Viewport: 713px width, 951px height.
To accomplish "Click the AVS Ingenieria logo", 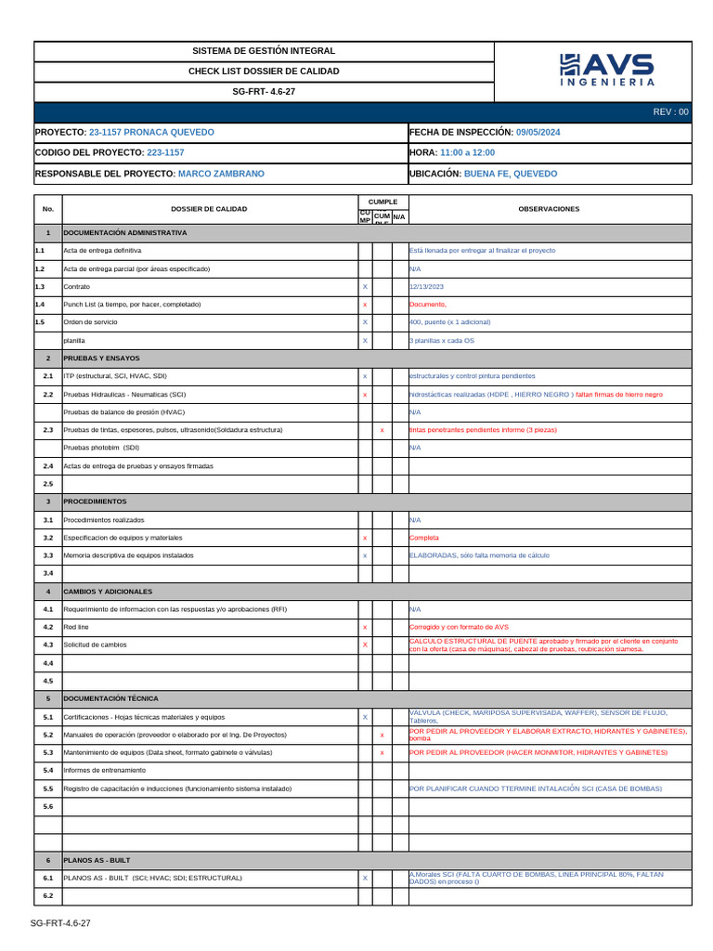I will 606,71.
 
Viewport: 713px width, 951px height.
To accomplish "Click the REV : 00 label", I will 670,112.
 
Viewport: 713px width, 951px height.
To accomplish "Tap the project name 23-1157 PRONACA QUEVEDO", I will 150,133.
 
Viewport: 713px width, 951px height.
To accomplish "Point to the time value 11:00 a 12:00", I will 467,153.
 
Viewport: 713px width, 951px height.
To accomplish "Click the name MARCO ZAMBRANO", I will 220,174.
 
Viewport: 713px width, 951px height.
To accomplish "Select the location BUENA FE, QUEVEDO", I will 511,174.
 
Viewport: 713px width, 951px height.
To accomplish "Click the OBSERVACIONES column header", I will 549,209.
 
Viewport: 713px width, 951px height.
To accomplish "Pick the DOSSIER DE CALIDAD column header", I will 209,209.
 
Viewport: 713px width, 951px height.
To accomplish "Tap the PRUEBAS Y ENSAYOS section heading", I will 101,358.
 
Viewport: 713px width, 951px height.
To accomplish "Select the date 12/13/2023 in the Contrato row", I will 426,287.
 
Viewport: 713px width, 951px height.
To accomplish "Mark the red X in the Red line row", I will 365,628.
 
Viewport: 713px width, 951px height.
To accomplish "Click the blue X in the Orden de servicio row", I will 365,322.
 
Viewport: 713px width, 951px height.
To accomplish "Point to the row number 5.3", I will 47,752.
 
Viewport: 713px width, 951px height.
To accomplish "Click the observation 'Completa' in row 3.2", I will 424,538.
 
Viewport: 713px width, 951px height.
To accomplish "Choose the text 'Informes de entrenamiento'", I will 104,770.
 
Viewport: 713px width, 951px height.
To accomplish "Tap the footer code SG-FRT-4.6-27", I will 60,923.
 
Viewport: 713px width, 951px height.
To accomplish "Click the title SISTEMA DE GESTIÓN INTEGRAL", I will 264,51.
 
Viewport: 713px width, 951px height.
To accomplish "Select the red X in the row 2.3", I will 382,430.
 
